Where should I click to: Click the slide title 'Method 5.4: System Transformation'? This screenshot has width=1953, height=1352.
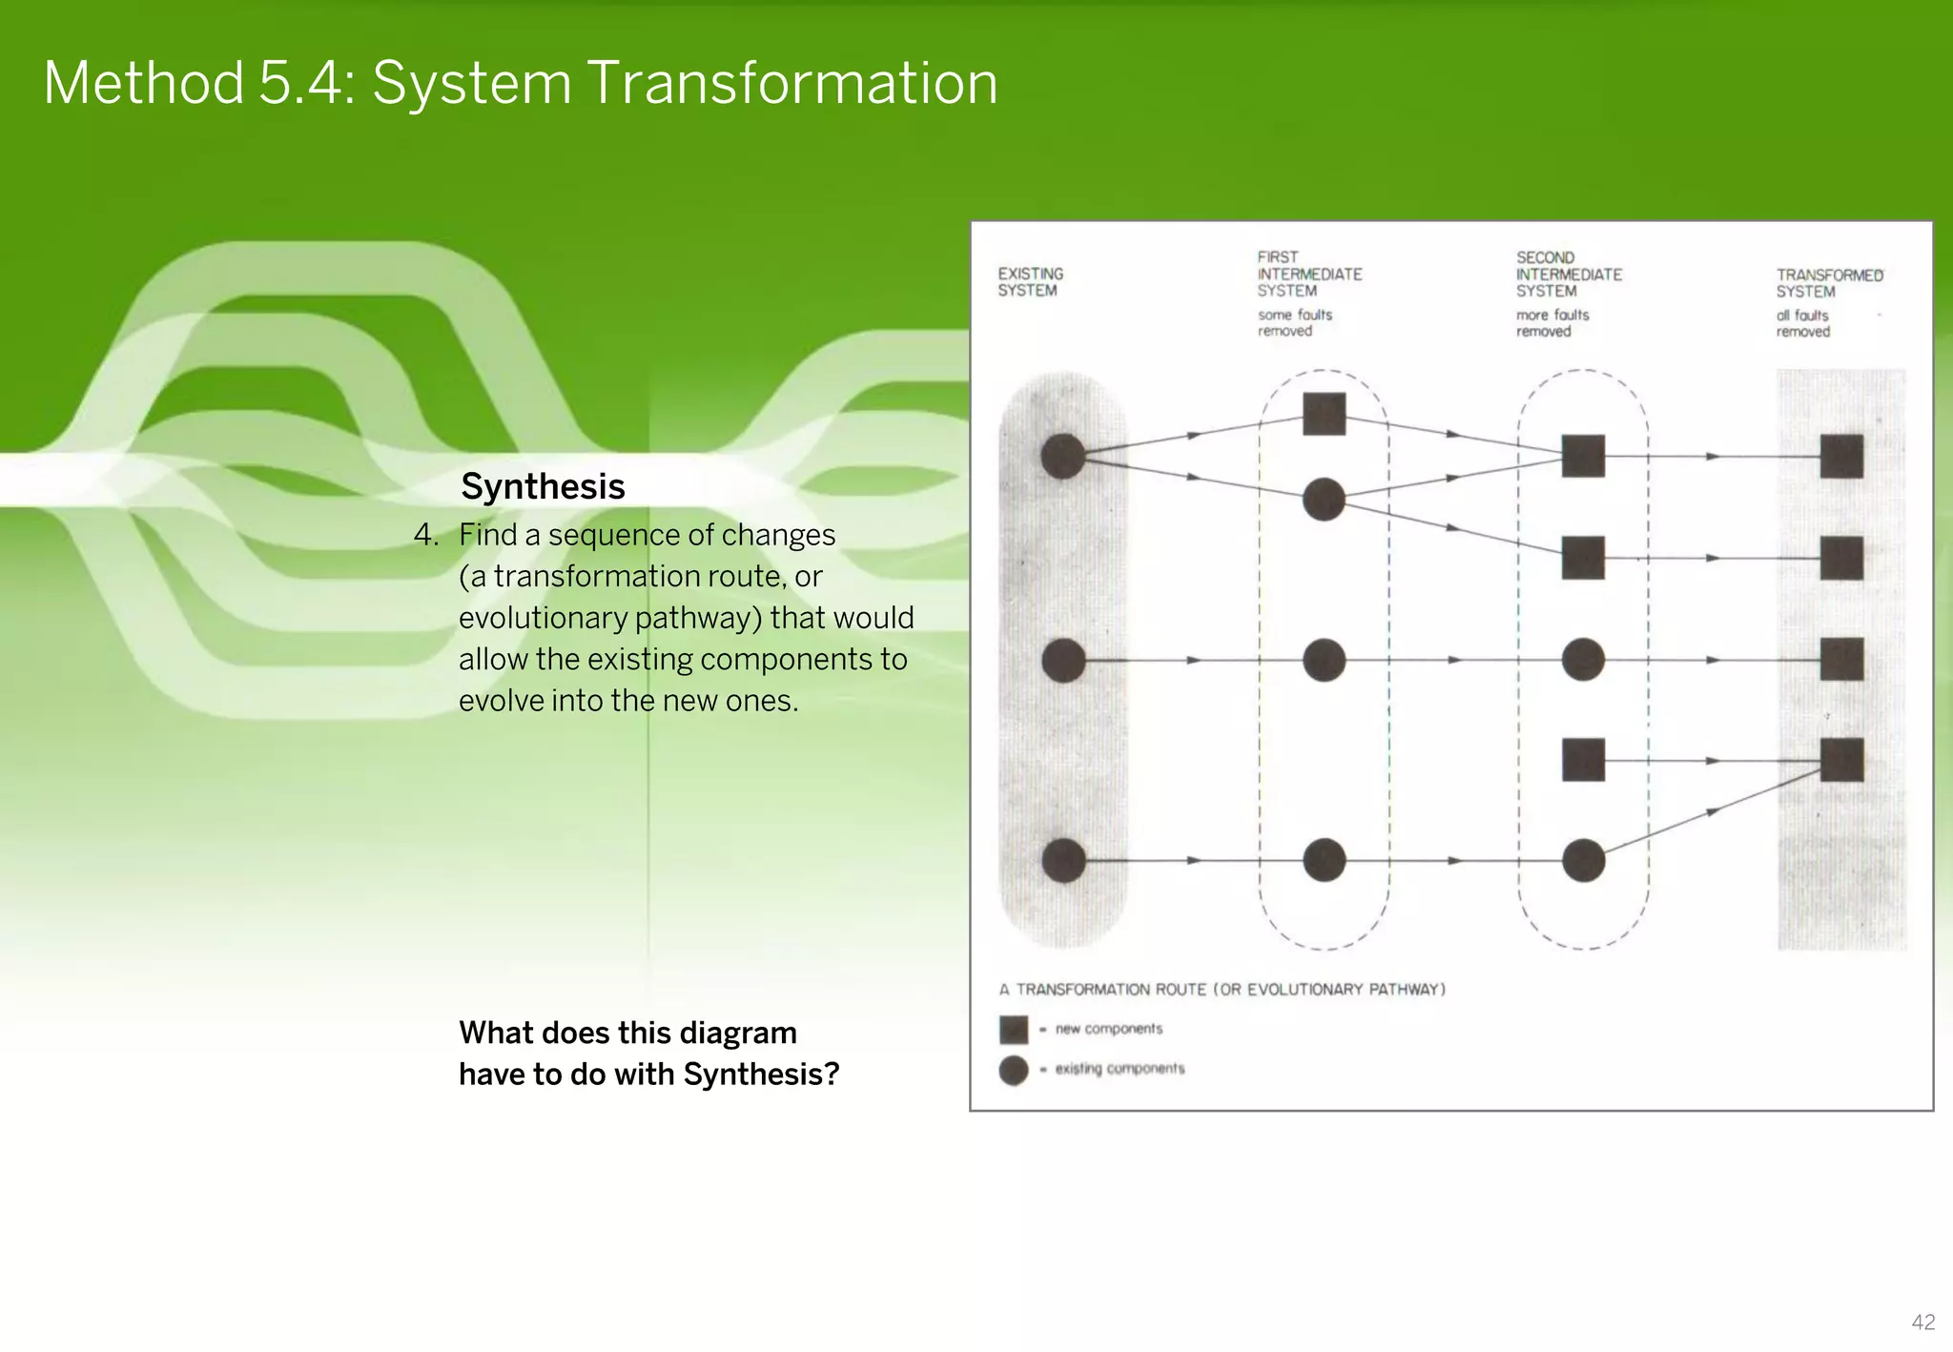520,83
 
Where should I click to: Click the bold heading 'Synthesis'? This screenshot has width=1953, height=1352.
543,486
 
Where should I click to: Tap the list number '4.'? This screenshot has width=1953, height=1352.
426,535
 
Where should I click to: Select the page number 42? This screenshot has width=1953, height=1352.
1922,1322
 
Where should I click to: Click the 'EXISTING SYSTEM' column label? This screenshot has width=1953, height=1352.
1030,282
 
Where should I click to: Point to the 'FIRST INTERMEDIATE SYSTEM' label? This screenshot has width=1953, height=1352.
1308,274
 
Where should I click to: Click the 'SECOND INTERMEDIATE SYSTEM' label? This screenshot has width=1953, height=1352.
1568,275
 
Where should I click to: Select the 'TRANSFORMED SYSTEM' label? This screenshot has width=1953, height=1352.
1828,283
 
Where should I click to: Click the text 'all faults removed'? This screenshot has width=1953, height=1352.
1802,323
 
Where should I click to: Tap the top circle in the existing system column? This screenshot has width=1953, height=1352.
1062,456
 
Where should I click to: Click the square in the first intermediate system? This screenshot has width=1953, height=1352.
1324,414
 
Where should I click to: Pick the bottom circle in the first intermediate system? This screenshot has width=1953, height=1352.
1324,860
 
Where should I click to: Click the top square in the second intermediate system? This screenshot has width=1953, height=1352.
1583,456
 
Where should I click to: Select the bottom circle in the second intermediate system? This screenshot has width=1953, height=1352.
1583,860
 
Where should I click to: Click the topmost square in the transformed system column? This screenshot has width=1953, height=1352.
1841,456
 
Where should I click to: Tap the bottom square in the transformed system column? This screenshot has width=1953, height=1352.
1841,760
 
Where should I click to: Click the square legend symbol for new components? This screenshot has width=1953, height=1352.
1013,1030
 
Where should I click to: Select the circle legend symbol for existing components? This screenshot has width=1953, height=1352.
1013,1070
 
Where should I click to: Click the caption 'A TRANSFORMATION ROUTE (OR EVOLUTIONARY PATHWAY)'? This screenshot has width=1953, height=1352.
1222,990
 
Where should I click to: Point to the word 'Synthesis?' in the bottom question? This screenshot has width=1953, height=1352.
761,1075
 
